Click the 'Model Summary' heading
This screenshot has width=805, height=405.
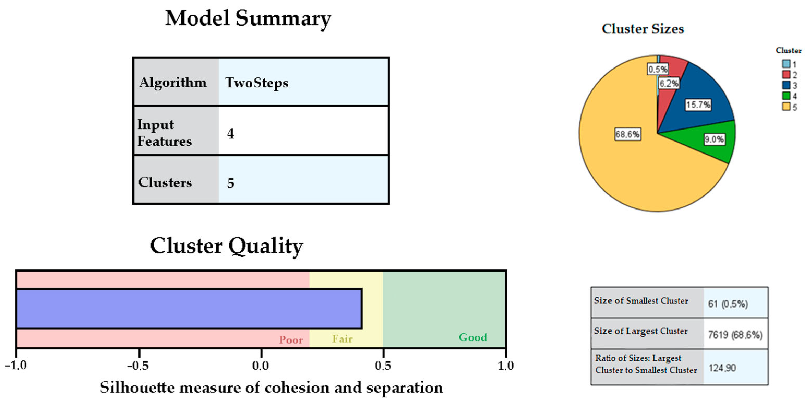click(248, 19)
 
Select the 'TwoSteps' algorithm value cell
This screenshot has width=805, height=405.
click(257, 83)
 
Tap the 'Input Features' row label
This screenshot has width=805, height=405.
click(165, 133)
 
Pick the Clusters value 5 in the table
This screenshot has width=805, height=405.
click(231, 183)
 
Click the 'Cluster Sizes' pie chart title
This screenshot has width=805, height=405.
click(643, 29)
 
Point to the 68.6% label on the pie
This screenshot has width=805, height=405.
click(627, 134)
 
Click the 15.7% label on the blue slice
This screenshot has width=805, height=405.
click(698, 105)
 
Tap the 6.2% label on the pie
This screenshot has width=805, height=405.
click(669, 83)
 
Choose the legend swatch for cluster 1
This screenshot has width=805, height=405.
click(786, 64)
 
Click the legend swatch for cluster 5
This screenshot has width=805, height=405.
click(786, 107)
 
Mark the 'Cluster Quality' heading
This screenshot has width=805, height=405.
click(227, 246)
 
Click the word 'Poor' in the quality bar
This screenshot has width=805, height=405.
click(290, 340)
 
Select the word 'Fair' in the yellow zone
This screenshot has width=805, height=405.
click(342, 339)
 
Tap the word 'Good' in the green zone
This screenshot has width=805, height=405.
click(473, 337)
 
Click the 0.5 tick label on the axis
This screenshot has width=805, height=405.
click(383, 365)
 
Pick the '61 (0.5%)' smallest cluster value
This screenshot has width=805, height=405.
click(728, 304)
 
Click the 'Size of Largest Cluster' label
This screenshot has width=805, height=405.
click(641, 331)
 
